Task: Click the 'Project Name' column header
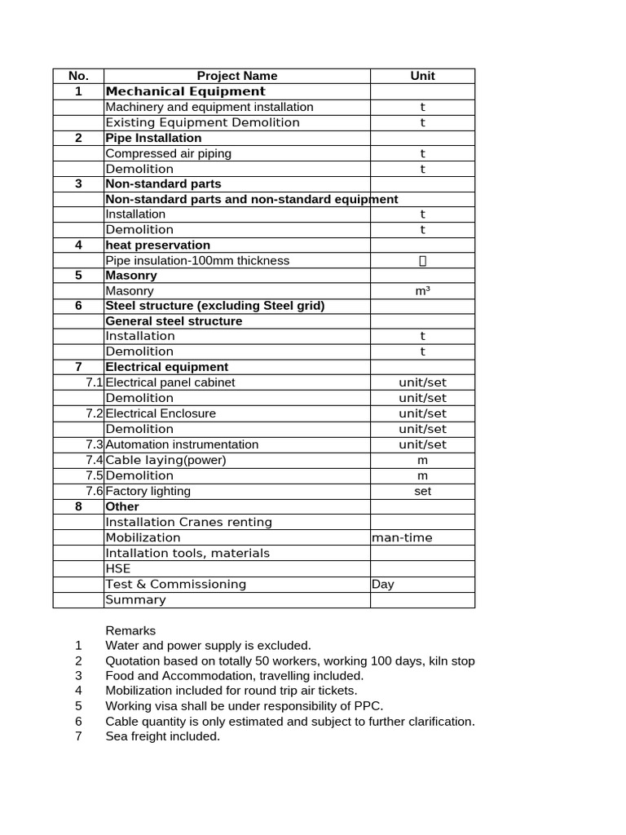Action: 236,76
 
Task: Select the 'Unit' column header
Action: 422,76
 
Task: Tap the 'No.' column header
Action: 78,76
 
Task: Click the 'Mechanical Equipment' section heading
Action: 186,91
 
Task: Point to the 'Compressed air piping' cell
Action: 169,153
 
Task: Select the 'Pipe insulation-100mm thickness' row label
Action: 197,261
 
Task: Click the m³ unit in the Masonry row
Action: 422,291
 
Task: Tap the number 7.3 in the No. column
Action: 94,444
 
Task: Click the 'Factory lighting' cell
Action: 148,491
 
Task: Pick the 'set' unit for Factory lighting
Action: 422,491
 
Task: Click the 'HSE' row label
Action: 118,568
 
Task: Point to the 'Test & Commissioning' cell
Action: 176,584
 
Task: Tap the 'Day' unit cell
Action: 383,584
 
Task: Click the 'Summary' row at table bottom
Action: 136,599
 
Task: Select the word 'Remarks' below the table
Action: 130,630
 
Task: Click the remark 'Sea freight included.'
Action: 163,736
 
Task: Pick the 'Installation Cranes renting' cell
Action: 189,522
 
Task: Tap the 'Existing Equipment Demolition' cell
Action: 203,122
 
